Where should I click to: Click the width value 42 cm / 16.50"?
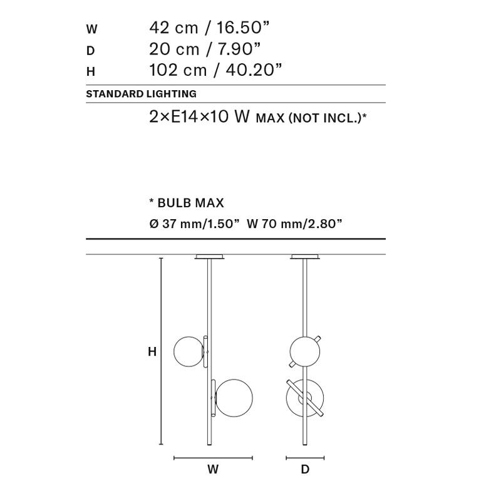tap(209, 28)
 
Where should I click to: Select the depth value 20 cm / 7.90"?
tap(205, 49)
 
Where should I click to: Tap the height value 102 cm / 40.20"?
tap(215, 70)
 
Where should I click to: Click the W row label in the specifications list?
tap(91, 29)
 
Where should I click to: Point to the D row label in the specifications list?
tap(90, 51)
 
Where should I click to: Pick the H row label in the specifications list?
tap(91, 71)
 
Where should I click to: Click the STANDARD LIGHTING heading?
tap(142, 94)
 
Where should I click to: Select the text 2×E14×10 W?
tap(199, 116)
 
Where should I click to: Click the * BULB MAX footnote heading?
tap(187, 203)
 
